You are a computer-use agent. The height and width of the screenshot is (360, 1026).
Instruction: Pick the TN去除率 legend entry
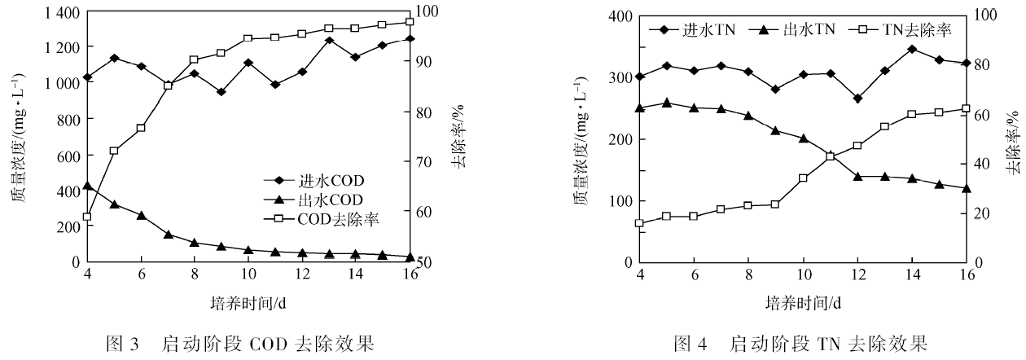(904, 30)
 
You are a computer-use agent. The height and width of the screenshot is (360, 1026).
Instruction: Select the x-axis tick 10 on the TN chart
(803, 274)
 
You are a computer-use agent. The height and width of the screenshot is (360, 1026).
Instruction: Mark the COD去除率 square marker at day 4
(87, 217)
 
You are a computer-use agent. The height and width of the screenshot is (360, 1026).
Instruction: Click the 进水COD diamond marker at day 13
(329, 40)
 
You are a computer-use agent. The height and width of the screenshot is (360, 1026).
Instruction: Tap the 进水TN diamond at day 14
(912, 49)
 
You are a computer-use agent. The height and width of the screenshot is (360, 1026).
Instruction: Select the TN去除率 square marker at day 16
(966, 108)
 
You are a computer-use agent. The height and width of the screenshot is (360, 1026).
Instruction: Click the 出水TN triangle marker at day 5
(667, 103)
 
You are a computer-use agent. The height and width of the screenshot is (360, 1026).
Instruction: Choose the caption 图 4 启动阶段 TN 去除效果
(802, 343)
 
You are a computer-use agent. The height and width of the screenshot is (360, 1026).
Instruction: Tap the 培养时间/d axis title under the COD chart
(249, 304)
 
